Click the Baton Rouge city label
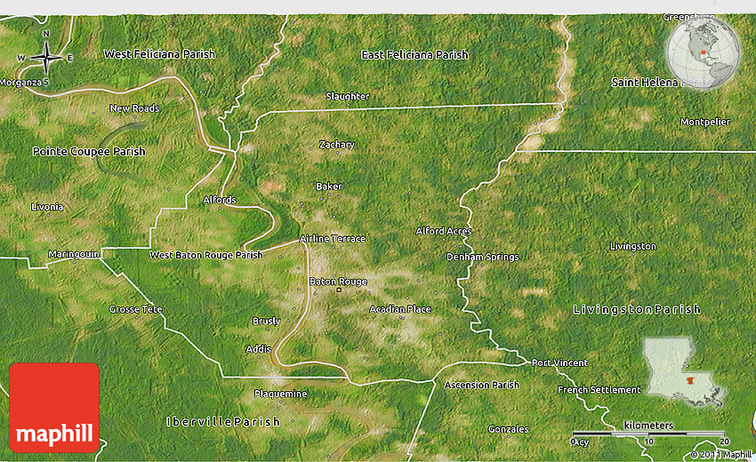coord(338,282)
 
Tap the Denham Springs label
coord(482,258)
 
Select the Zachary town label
coord(337,145)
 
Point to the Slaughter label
coord(347,96)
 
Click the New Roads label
coord(134,108)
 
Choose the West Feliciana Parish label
coord(159,54)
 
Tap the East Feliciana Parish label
coord(414,55)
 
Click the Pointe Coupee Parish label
coord(89,152)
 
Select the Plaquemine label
coord(280,394)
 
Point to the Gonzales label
coord(508,429)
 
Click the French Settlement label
coord(599,390)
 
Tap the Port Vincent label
coord(559,362)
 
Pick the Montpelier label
coord(705,122)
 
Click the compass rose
coord(45,58)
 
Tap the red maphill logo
coord(54,407)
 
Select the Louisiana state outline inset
coord(683,368)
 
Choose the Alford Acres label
coord(444,231)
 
